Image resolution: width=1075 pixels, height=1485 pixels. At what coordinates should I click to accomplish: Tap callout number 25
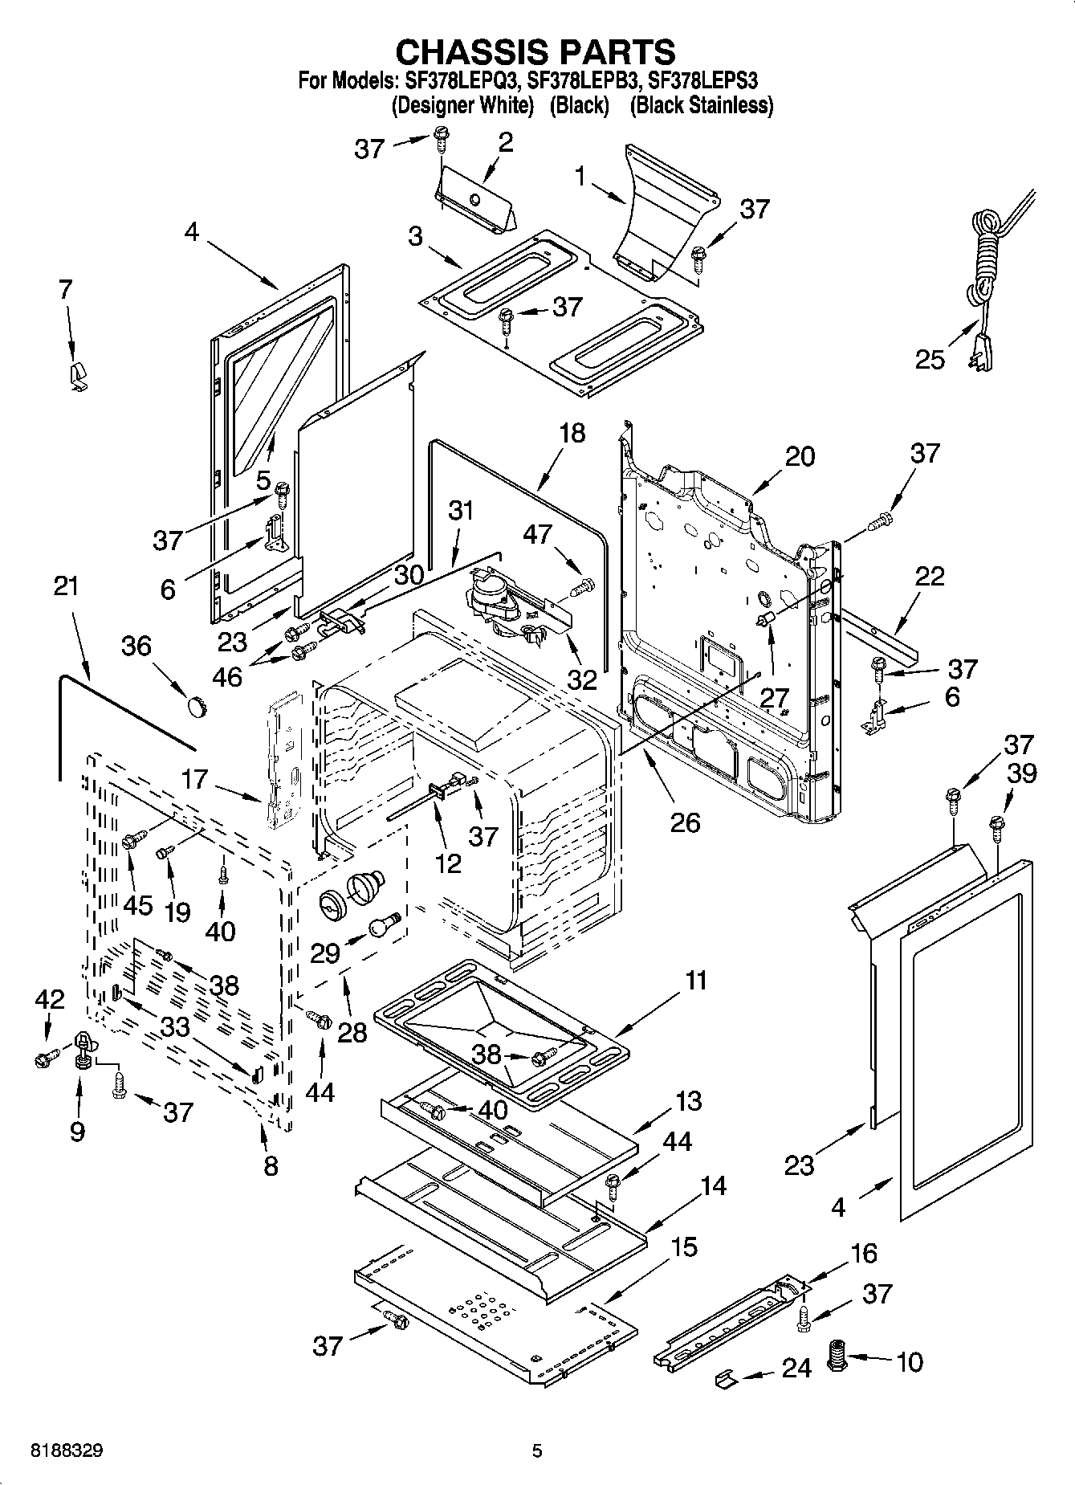(x=930, y=359)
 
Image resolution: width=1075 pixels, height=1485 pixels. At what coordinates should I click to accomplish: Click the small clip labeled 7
(x=78, y=375)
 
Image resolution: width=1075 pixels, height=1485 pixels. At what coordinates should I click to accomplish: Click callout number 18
(x=572, y=433)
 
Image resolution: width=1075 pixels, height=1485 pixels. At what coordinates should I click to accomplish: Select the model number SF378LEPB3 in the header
(x=584, y=80)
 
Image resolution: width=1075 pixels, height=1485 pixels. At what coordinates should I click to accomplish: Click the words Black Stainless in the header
(x=701, y=105)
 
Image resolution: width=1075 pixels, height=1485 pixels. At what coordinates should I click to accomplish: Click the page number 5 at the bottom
(x=537, y=1451)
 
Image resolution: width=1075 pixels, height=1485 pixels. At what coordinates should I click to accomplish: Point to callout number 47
(x=538, y=534)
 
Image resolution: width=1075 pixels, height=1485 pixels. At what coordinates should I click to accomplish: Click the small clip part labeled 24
(x=725, y=1378)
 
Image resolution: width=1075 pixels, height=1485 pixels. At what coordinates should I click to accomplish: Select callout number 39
(x=1022, y=773)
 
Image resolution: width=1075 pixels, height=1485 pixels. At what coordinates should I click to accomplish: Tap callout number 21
(x=66, y=585)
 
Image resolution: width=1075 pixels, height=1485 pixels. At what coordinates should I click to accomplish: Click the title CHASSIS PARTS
(x=536, y=51)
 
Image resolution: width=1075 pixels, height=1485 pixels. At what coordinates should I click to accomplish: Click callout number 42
(x=49, y=999)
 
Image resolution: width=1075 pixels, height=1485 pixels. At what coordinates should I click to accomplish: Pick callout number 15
(x=684, y=1247)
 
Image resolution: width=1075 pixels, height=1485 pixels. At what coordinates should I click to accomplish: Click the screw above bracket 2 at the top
(x=441, y=137)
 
